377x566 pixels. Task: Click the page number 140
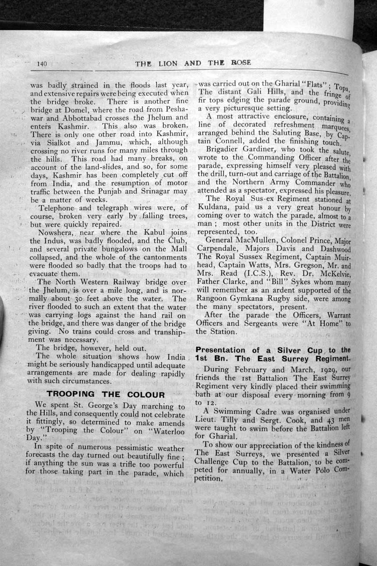(x=42, y=64)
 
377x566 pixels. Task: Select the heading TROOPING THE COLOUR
(x=106, y=394)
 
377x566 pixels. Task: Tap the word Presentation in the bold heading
(x=221, y=350)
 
